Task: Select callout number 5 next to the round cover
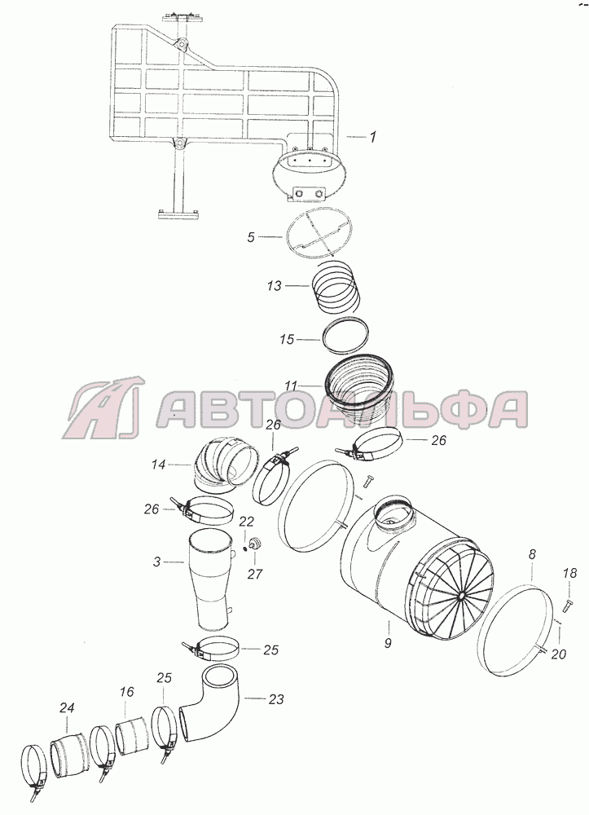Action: (x=252, y=237)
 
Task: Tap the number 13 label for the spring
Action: (x=275, y=285)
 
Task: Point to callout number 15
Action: (x=287, y=339)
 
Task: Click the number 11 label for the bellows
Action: (x=291, y=386)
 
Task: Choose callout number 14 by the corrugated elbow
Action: (x=158, y=464)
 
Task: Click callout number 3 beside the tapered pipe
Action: (x=157, y=562)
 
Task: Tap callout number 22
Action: (x=246, y=522)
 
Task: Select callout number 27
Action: (x=255, y=574)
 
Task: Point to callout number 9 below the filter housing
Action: (x=388, y=643)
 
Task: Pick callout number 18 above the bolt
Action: (x=569, y=573)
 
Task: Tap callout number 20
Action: (x=558, y=654)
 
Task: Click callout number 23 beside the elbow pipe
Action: (x=276, y=699)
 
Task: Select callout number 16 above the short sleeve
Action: (x=126, y=692)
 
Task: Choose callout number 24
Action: (x=67, y=707)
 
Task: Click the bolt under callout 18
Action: (x=566, y=605)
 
